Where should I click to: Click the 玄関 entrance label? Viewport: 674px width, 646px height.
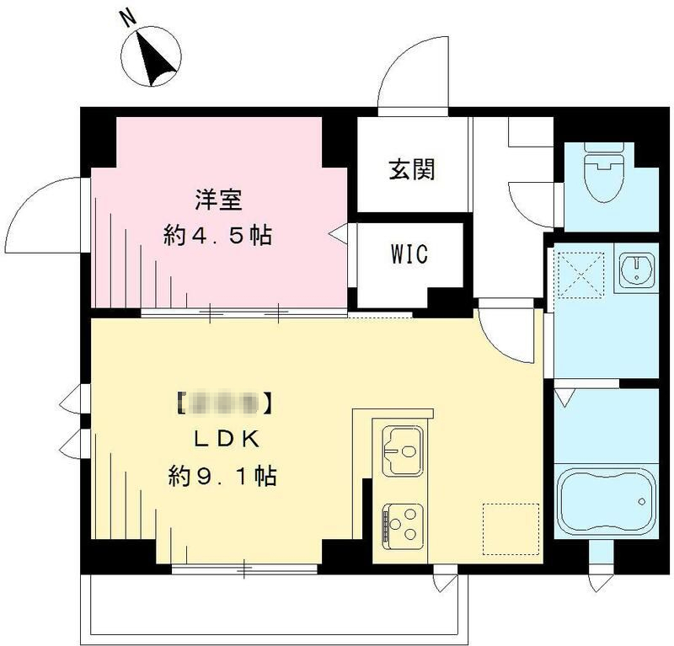pos(411,170)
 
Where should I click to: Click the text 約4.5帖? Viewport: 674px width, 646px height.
pos(217,235)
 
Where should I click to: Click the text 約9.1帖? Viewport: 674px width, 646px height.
pos(222,477)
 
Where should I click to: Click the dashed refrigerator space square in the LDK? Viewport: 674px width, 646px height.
pos(510,529)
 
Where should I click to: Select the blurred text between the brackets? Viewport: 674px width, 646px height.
pos(224,403)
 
